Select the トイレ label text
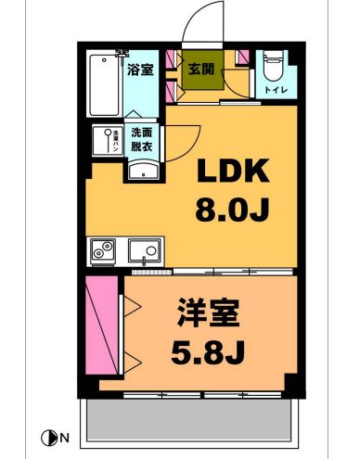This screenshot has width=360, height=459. coord(276,90)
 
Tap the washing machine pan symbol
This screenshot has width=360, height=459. coord(106,141)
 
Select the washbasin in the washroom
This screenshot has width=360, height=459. coord(141,168)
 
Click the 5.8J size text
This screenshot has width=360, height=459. coord(208,352)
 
